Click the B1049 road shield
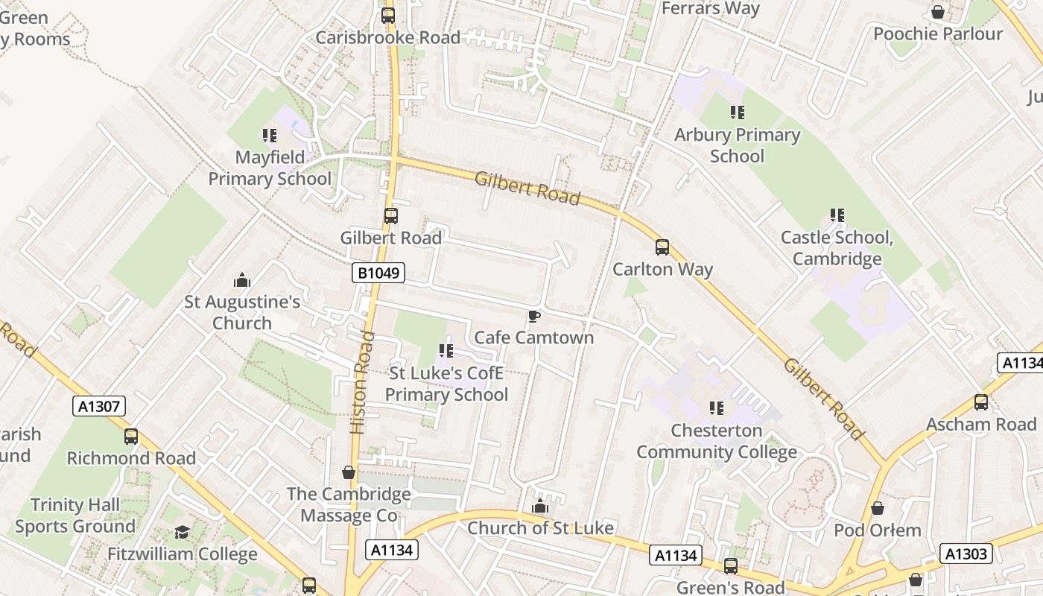[x=378, y=273]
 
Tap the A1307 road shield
[x=99, y=406]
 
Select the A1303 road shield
[x=967, y=554]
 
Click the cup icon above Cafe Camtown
[x=533, y=317]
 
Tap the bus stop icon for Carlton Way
[x=662, y=247]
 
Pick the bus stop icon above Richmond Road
[x=131, y=437]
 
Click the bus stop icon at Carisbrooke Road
[x=387, y=16]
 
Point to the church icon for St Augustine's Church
[x=242, y=281]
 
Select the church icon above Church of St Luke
[x=540, y=507]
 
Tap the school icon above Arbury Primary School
[x=737, y=112]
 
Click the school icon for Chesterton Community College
[x=716, y=408]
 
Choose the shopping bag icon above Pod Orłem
[x=878, y=508]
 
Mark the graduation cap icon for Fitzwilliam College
[x=182, y=532]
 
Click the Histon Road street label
[x=361, y=382]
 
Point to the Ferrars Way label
[x=710, y=9]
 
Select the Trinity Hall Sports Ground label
[x=74, y=516]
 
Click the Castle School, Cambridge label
[x=836, y=248]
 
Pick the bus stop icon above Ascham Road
[x=980, y=402]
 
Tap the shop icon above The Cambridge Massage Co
[x=348, y=472]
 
